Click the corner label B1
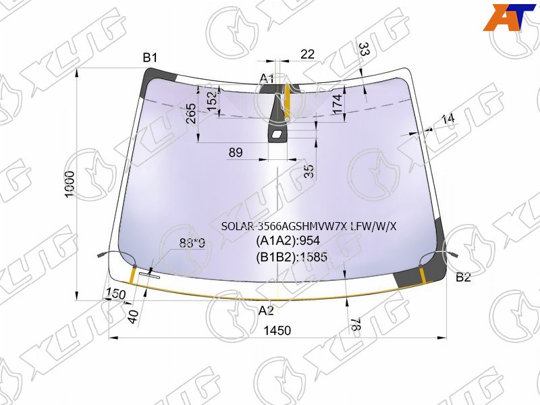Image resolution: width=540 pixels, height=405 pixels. click(150, 58)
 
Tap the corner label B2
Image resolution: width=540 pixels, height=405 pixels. click(463, 277)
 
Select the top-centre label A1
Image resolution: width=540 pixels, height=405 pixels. click(267, 79)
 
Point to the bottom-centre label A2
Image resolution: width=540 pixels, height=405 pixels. click(266, 310)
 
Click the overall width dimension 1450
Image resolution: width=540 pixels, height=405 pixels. click(277, 331)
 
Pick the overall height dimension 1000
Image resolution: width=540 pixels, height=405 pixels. click(70, 184)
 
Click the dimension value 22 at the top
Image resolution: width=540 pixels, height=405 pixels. click(308, 54)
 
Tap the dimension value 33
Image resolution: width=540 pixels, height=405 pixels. click(364, 49)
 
